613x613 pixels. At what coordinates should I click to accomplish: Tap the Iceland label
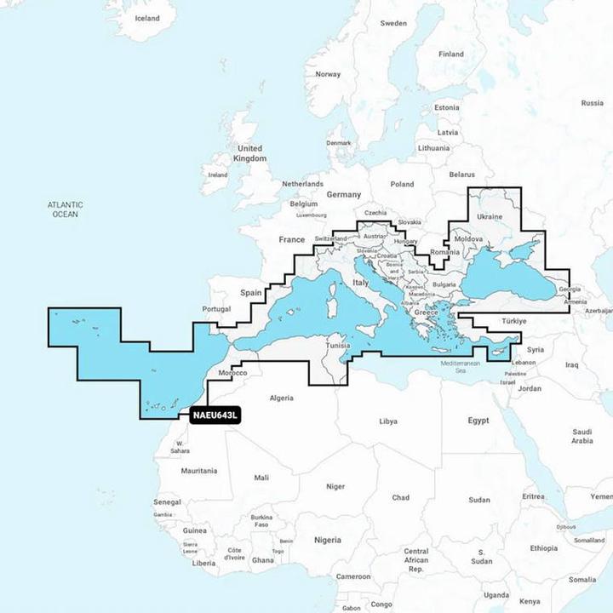pyautogui.click(x=148, y=18)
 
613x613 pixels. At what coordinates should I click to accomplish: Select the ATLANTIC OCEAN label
pyautogui.click(x=65, y=209)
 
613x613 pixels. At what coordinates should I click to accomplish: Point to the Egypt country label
pyautogui.click(x=478, y=421)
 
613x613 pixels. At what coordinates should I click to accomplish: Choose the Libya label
pyautogui.click(x=387, y=421)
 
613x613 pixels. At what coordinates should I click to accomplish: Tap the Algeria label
pyautogui.click(x=281, y=398)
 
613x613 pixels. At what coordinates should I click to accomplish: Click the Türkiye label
pyautogui.click(x=515, y=321)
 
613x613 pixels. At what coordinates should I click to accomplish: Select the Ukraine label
pyautogui.click(x=490, y=217)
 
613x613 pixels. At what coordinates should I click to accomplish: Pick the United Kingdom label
pyautogui.click(x=249, y=153)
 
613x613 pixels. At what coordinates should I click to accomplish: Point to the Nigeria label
pyautogui.click(x=327, y=540)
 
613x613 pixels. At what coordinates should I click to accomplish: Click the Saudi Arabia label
pyautogui.click(x=581, y=436)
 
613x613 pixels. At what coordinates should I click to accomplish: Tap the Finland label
pyautogui.click(x=451, y=54)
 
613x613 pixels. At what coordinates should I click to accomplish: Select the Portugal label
pyautogui.click(x=217, y=309)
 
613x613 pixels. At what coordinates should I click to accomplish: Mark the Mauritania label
pyautogui.click(x=198, y=470)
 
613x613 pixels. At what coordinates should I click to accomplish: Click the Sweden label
pyautogui.click(x=393, y=23)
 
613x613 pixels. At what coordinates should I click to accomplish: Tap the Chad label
pyautogui.click(x=400, y=497)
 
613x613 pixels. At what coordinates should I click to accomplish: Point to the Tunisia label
pyautogui.click(x=339, y=347)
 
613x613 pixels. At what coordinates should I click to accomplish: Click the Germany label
pyautogui.click(x=344, y=194)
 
